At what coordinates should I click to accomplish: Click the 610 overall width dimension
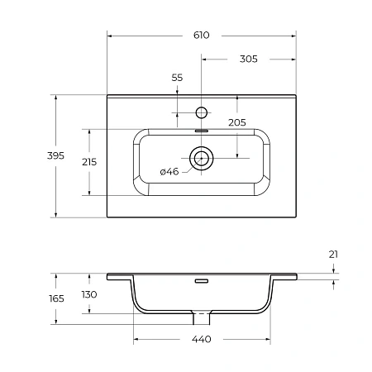coord(202,35)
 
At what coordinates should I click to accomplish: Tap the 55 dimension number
coord(177,77)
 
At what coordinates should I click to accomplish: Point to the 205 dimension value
coord(237,122)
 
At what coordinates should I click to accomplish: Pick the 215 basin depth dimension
coord(88,162)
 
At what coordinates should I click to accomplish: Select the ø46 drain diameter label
coord(169,171)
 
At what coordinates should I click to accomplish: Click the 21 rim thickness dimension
coord(333,255)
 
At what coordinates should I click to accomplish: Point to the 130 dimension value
coord(88,294)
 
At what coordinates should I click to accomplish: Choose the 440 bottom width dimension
coord(202,339)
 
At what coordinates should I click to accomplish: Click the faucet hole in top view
coord(202,110)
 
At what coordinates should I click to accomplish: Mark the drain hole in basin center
coord(202,156)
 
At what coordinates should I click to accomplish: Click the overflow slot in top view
coord(202,129)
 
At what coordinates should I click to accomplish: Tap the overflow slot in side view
coord(202,281)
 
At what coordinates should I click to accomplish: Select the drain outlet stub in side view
coord(202,318)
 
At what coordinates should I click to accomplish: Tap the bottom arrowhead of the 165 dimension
coord(56,322)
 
